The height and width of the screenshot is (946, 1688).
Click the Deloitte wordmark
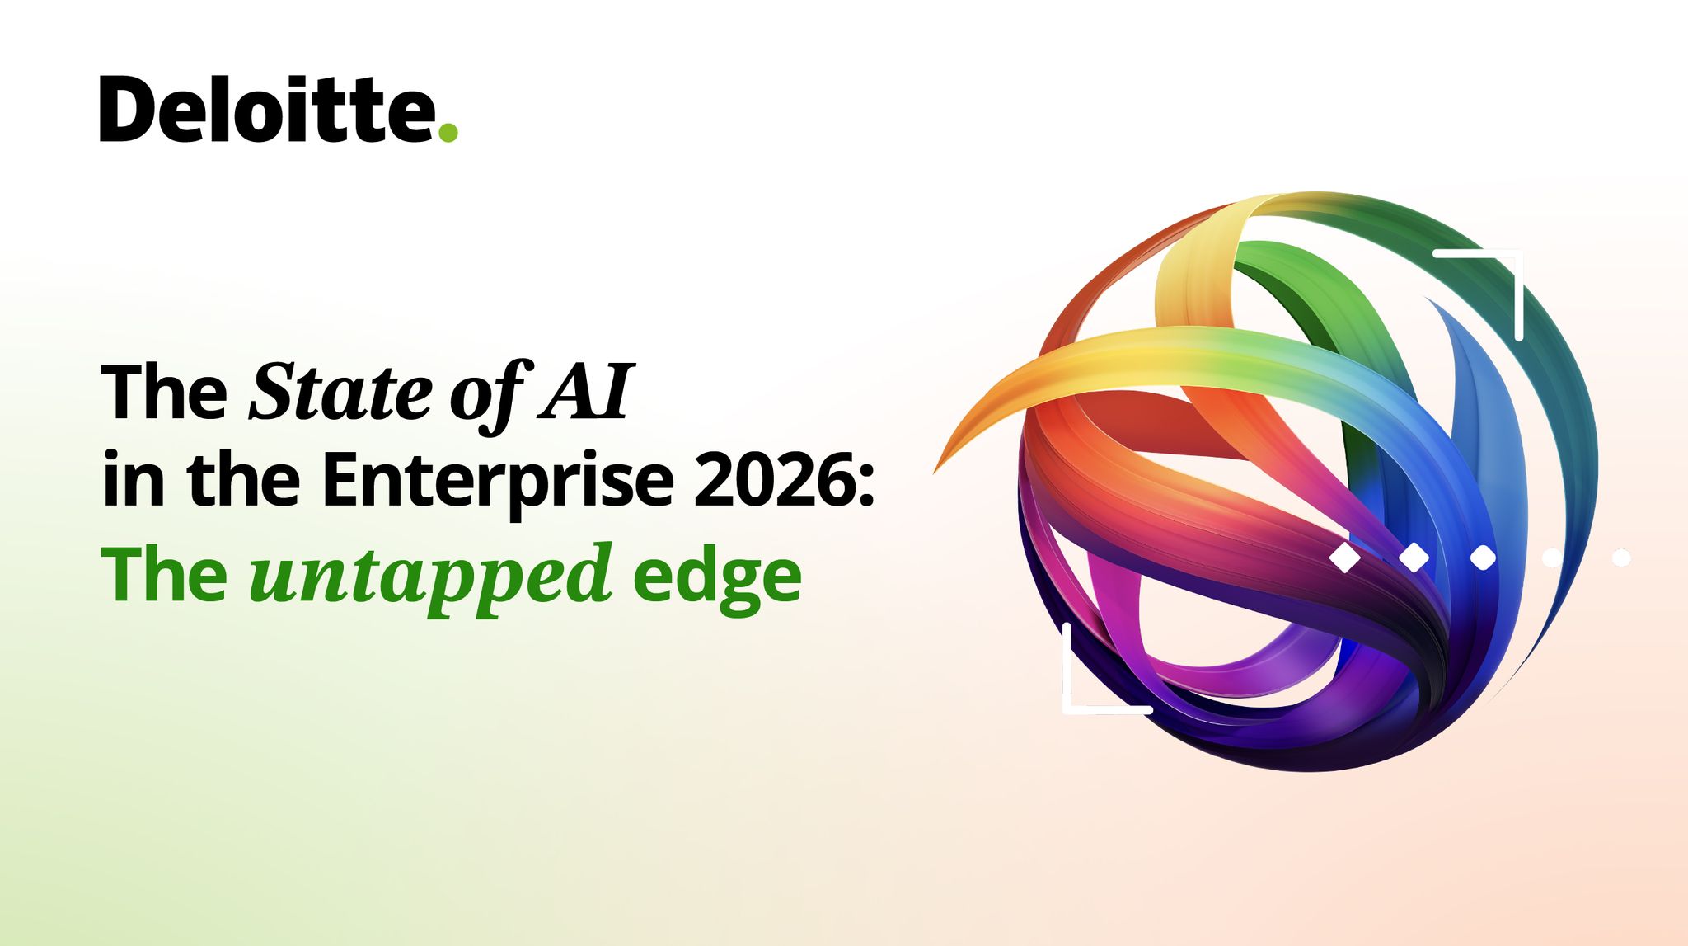coord(268,110)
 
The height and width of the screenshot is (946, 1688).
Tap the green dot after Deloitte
coord(448,132)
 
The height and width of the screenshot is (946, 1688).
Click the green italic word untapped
coord(430,577)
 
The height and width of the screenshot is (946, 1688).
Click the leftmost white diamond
coord(1345,558)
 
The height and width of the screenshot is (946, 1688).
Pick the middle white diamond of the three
coord(1414,558)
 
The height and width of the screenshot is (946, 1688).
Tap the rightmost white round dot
coord(1621,558)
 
